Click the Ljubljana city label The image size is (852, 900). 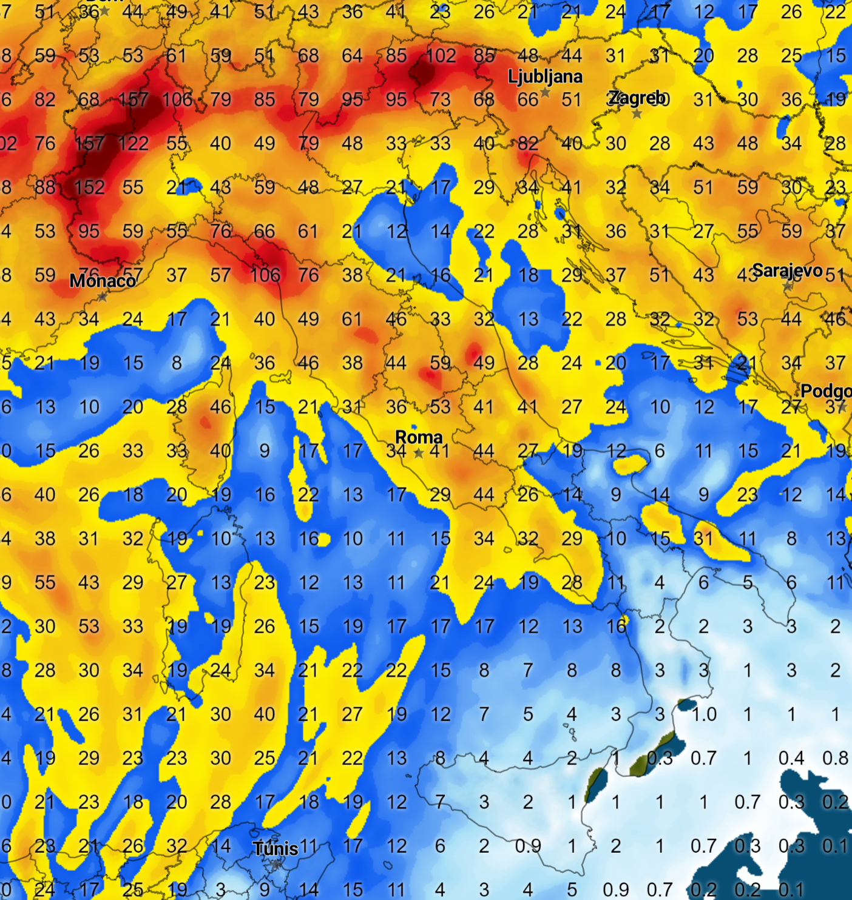tap(545, 76)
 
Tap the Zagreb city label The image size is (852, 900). tap(637, 98)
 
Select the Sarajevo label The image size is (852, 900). tap(787, 270)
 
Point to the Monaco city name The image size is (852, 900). tap(102, 281)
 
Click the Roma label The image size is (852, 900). tap(419, 437)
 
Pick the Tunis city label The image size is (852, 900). tap(276, 848)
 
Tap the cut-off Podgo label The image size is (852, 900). tap(826, 391)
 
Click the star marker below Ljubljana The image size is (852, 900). tap(545, 92)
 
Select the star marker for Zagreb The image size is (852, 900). tap(637, 113)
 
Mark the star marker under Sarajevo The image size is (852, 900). tap(788, 286)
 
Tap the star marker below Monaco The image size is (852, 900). tap(103, 297)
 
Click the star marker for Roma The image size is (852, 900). tap(419, 452)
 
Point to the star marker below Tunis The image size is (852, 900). tap(276, 864)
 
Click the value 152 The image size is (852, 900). tap(90, 187)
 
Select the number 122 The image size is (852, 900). tap(134, 144)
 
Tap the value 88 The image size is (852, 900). tap(45, 187)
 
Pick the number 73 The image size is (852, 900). tap(440, 99)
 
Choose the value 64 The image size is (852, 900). tap(352, 56)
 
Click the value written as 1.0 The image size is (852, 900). tap(703, 714)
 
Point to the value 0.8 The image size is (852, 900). tap(835, 758)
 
